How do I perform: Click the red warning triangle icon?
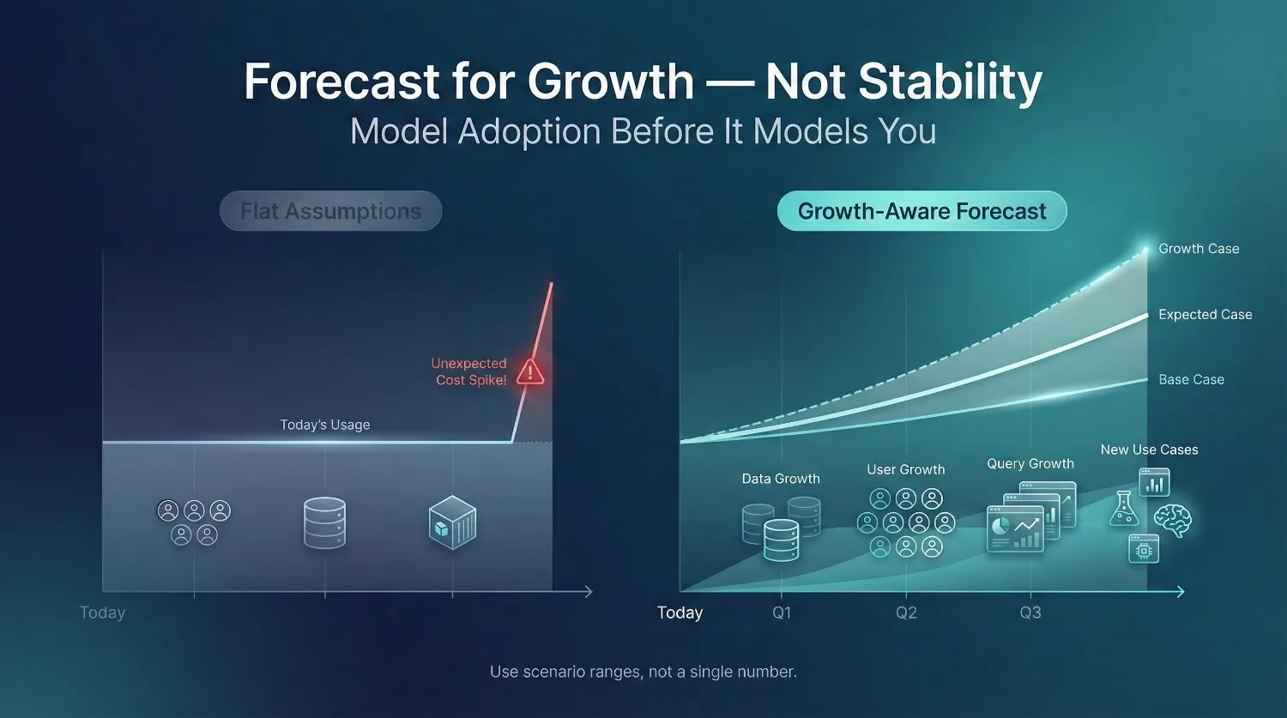pos(530,371)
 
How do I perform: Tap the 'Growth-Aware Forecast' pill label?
pos(921,211)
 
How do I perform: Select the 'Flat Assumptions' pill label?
pos(330,211)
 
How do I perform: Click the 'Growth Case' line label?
pos(1199,249)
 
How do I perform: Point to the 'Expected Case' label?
pos(1205,315)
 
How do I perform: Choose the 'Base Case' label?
pos(1191,379)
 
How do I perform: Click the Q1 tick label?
pos(782,612)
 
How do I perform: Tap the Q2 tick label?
pos(906,612)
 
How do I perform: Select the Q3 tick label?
pos(1030,612)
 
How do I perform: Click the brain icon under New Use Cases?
pos(1172,520)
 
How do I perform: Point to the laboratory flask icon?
pos(1123,509)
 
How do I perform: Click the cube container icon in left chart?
pos(452,522)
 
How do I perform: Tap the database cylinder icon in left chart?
pos(324,522)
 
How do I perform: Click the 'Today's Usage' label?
pos(325,425)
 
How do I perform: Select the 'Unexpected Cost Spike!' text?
pos(469,371)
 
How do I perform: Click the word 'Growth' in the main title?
pos(610,81)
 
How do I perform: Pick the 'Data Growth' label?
pos(781,479)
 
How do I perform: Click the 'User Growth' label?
pos(905,469)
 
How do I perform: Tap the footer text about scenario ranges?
pos(643,672)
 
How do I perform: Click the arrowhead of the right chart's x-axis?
pos(1181,592)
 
